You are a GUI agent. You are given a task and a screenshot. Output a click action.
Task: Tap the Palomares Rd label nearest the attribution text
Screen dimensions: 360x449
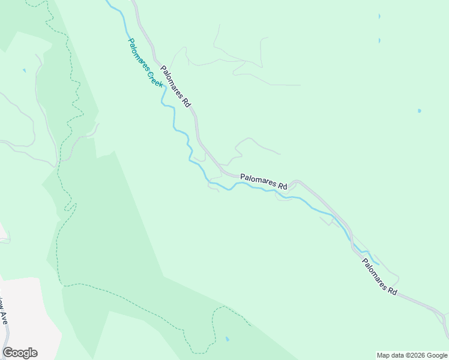[x=379, y=276]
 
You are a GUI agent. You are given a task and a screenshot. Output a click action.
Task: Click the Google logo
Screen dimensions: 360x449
[x=20, y=353]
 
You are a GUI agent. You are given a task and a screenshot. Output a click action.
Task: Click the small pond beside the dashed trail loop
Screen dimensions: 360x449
[x=227, y=339]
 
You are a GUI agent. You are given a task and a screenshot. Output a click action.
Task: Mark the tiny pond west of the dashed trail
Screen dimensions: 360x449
[x=25, y=70]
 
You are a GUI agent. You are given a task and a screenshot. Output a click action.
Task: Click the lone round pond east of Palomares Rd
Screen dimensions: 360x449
[x=419, y=111]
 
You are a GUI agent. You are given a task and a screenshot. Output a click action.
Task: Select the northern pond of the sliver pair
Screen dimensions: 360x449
[x=379, y=16]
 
